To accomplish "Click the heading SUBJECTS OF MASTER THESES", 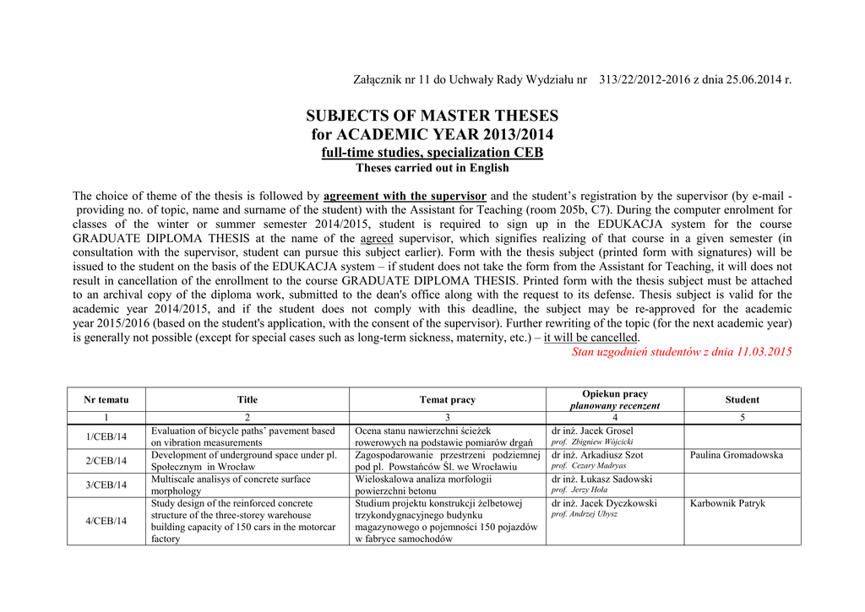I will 432,116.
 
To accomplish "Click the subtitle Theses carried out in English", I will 432,167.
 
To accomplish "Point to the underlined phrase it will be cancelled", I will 591,337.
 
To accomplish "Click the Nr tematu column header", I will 106,399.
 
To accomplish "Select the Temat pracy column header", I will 447,399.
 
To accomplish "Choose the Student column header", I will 742,399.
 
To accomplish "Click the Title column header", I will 248,399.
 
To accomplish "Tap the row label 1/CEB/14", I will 106,436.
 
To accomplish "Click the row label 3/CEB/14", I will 106,485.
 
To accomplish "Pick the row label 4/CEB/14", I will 106,521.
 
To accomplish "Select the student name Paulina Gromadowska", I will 736,455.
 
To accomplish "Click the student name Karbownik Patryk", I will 727,503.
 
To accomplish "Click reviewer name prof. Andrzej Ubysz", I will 584,514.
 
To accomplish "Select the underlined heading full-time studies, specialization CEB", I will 432,152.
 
